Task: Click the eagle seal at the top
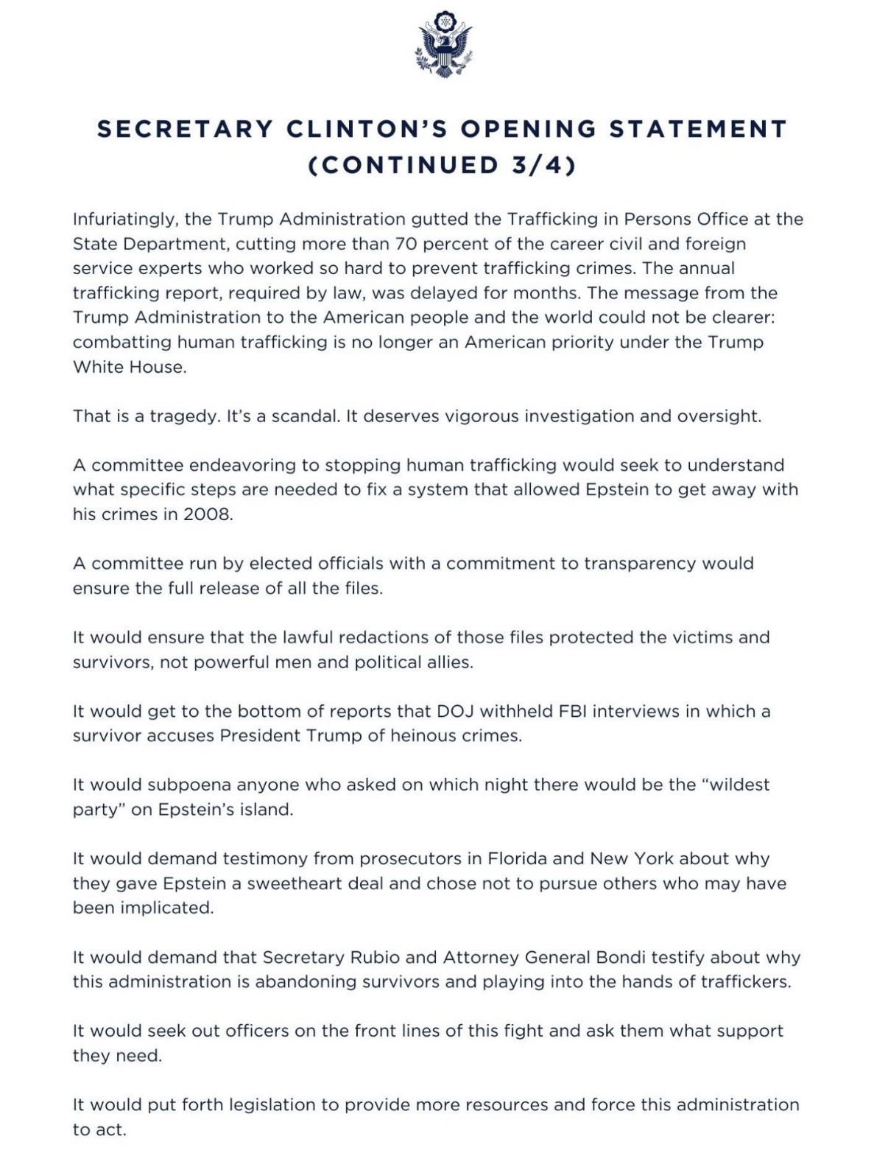click(443, 45)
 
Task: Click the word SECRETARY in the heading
click(185, 129)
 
